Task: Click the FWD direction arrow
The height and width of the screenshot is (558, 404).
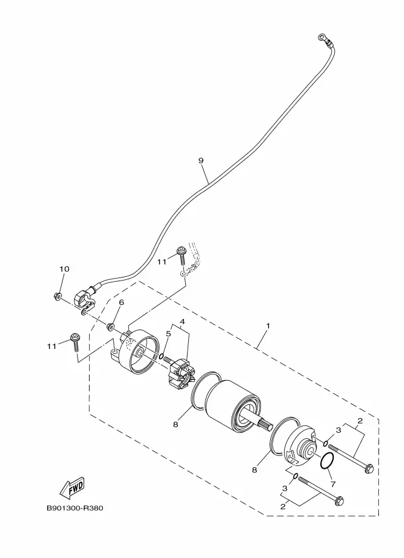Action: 72,488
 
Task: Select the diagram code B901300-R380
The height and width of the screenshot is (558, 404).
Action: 75,508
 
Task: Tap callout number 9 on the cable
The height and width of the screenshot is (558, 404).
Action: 201,161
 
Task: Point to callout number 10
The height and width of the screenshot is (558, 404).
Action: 64,269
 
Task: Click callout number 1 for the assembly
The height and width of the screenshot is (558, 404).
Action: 268,326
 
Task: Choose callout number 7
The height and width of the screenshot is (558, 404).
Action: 333,484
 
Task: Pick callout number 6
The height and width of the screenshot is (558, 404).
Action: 122,303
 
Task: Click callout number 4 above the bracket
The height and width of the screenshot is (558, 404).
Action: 182,322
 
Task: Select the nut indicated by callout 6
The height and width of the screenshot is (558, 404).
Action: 111,326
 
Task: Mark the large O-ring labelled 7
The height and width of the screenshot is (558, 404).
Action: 327,461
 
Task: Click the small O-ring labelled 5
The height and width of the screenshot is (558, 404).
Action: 161,356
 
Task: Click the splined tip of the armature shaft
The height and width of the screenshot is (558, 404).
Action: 265,423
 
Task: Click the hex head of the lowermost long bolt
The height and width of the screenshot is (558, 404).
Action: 340,501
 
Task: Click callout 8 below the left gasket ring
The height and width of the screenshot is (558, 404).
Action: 175,425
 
